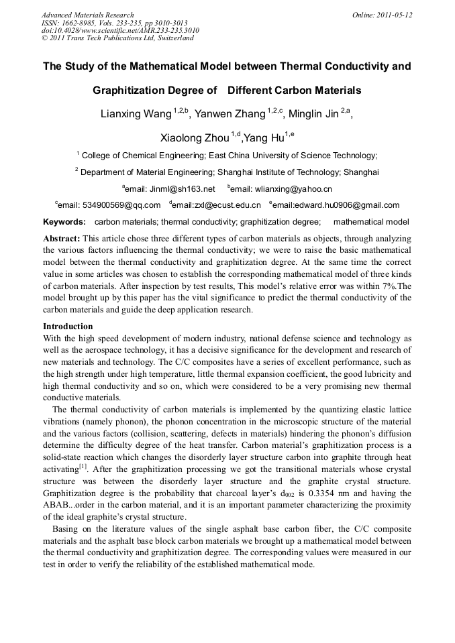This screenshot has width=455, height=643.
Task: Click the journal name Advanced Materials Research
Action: pyautogui.click(x=87, y=15)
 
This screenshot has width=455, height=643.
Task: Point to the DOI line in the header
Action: pyautogui.click(x=120, y=30)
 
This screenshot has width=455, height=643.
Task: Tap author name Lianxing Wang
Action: pyautogui.click(x=136, y=114)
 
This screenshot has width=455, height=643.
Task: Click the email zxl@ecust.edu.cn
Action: pyautogui.click(x=224, y=205)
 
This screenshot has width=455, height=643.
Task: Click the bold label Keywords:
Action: pyautogui.click(x=64, y=222)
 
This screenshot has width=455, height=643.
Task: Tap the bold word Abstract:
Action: pyautogui.click(x=62, y=239)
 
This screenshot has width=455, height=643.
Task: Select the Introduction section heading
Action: pyautogui.click(x=68, y=327)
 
